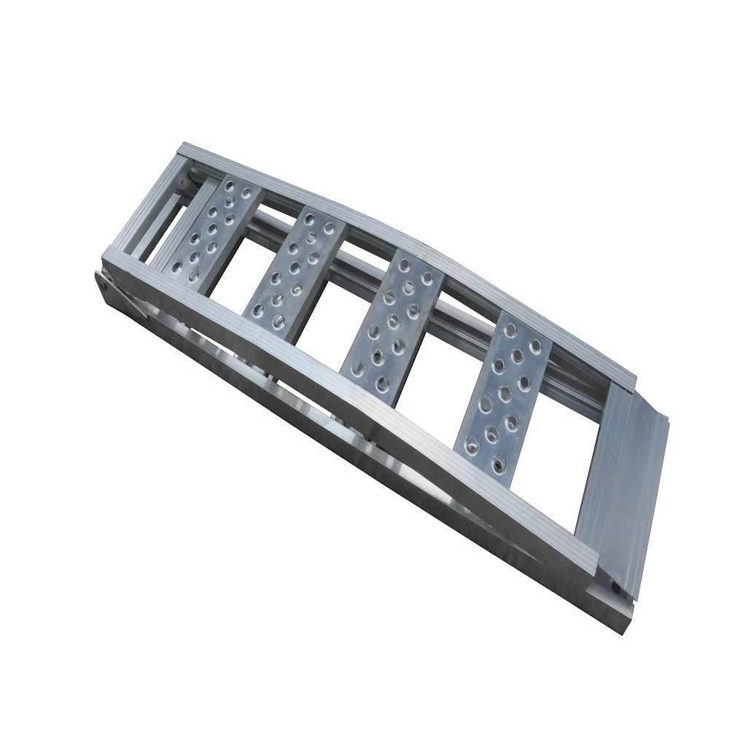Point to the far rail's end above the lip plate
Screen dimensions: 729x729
pos(627,379)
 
